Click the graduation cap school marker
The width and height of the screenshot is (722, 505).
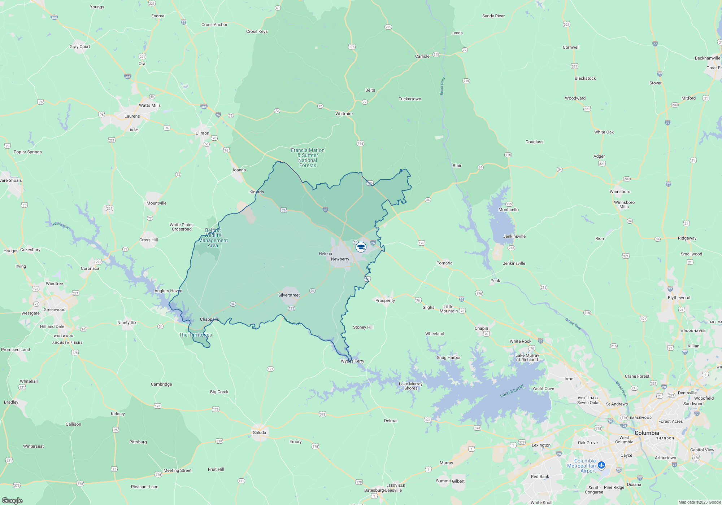click(x=361, y=247)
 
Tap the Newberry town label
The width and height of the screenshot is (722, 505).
click(x=340, y=259)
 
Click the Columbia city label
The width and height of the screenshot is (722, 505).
click(x=647, y=433)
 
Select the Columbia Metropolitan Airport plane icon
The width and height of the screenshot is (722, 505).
click(x=601, y=465)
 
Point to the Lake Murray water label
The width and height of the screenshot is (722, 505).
click(x=512, y=391)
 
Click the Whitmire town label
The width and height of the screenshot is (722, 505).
click(x=344, y=114)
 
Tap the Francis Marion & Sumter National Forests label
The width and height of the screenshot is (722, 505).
click(x=308, y=158)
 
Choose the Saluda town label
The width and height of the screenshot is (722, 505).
click(x=259, y=432)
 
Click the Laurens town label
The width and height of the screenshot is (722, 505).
click(x=132, y=116)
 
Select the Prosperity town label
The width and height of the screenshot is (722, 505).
click(x=385, y=300)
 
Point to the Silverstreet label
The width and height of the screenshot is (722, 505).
click(x=289, y=295)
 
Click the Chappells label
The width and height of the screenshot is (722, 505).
click(x=209, y=319)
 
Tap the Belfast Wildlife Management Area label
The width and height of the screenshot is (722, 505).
click(x=213, y=238)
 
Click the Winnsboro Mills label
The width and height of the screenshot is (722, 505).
click(x=624, y=205)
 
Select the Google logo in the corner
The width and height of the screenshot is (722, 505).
click(x=12, y=500)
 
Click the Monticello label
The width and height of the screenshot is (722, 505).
click(x=508, y=210)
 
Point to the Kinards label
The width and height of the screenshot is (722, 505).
click(x=257, y=192)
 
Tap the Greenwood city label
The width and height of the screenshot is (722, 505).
click(x=55, y=309)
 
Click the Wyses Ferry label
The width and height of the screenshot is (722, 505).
click(x=352, y=361)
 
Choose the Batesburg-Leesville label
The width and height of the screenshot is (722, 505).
click(x=383, y=490)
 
